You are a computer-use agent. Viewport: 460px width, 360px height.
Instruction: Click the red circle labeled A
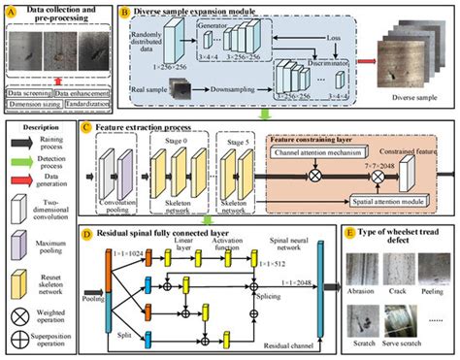(x=11, y=10)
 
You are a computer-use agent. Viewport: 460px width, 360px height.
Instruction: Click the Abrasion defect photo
(x=362, y=267)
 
